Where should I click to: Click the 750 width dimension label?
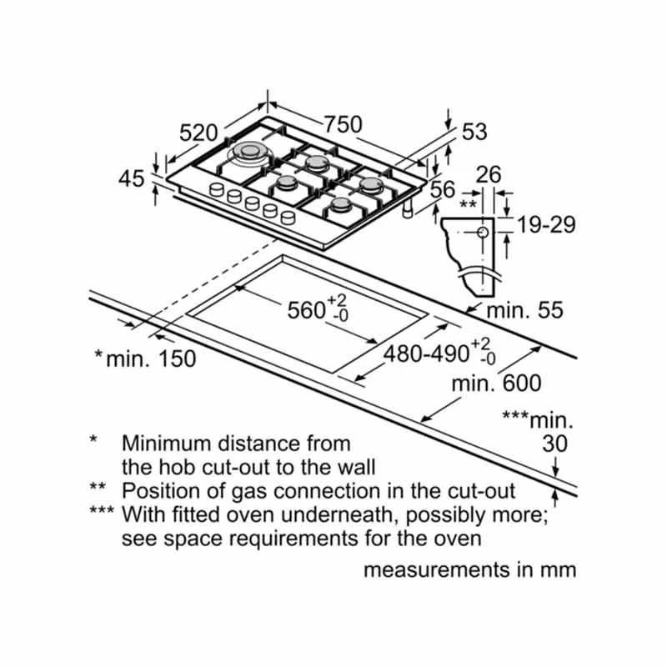click(x=343, y=124)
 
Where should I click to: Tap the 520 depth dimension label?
click(x=198, y=133)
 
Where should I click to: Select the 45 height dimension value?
click(x=132, y=178)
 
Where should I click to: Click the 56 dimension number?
click(x=443, y=190)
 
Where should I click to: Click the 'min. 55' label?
click(x=525, y=311)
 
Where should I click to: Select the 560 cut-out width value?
click(x=305, y=310)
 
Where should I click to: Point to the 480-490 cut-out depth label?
click(x=425, y=354)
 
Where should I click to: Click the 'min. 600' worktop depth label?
click(x=496, y=384)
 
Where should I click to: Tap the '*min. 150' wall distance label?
click(x=145, y=359)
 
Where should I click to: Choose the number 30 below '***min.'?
click(x=554, y=444)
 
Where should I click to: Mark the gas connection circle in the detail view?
click(x=483, y=233)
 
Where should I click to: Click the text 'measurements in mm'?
click(x=469, y=571)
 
